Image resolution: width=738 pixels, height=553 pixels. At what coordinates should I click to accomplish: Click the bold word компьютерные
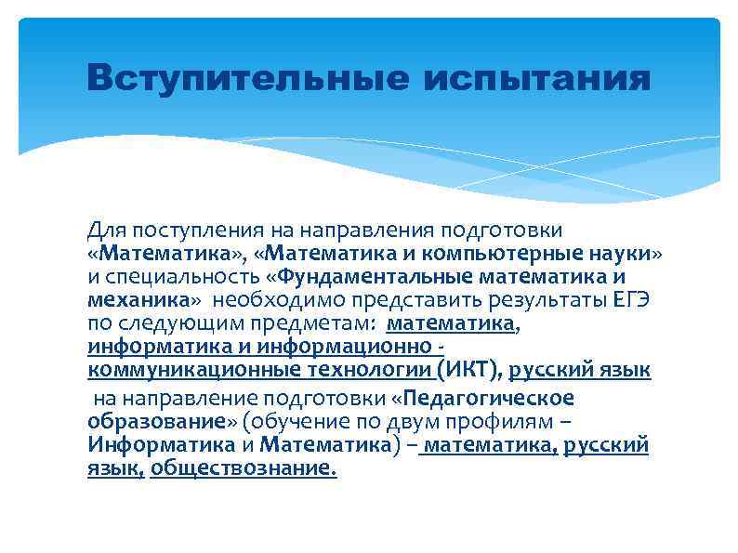click(507, 253)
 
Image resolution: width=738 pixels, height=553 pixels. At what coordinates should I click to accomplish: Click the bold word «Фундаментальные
click(371, 277)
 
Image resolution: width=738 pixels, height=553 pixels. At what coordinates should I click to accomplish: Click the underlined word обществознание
click(243, 469)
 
